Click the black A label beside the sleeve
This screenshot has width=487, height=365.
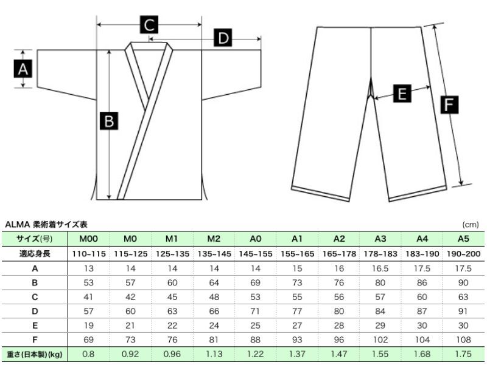coord(23,69)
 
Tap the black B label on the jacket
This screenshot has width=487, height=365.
coord(109,120)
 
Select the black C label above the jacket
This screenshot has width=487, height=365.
coord(149,24)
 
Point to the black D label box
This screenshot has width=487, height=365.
coord(223,38)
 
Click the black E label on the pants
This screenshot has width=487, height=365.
coord(402,94)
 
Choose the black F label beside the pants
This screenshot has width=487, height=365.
coord(449,104)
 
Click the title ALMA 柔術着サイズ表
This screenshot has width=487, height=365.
coord(46,224)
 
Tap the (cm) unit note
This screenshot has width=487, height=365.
coord(470,225)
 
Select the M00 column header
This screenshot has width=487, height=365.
coord(88,239)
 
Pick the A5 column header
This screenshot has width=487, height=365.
coord(463,239)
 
